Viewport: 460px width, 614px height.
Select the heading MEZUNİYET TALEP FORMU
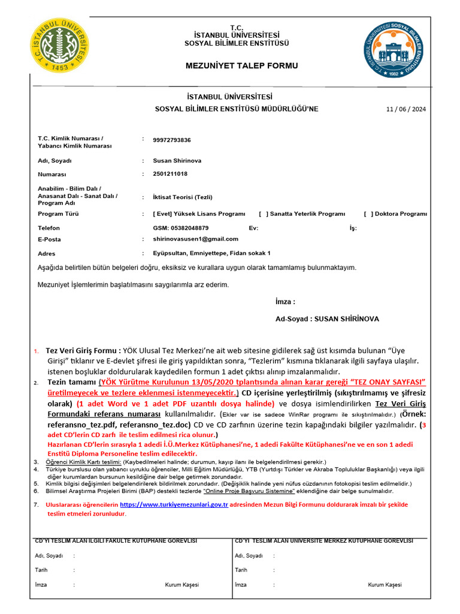(233, 65)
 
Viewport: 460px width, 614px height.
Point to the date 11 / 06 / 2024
(406, 109)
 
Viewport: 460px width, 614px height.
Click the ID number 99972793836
(172, 140)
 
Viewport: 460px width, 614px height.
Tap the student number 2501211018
(170, 174)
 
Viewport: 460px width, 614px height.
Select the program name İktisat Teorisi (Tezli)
(183, 197)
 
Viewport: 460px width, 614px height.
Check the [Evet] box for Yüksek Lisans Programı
(162, 213)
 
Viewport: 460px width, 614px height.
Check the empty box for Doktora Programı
(368, 213)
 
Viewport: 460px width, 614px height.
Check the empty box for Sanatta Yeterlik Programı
(263, 213)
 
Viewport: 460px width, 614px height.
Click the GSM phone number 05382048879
(181, 228)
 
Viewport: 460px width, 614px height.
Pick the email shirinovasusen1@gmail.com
(195, 239)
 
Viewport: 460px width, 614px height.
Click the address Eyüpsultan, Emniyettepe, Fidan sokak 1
(211, 254)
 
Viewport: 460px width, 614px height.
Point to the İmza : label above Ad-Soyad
(285, 302)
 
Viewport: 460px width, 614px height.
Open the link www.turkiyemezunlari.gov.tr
(174, 505)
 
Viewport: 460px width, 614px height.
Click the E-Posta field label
(50, 239)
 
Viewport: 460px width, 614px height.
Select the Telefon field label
(49, 228)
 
